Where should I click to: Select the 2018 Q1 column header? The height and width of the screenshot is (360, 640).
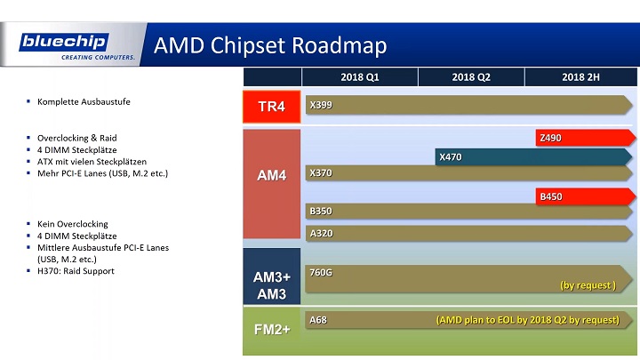pos(360,77)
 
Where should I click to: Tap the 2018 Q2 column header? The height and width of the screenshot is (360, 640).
pos(471,77)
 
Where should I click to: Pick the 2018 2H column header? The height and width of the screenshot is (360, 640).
pos(580,77)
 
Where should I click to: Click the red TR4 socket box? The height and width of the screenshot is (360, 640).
pos(270,107)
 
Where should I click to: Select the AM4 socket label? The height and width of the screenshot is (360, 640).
pos(270,176)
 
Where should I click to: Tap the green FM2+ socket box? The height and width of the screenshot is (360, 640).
pos(270,330)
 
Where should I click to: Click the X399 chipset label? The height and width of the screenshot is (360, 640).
pos(321,105)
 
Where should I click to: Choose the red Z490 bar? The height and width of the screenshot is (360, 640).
pos(583,138)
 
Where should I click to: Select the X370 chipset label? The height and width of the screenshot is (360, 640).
pos(321,172)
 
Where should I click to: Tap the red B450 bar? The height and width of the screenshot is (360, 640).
pos(583,196)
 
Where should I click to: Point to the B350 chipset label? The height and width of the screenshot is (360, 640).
pos(321,212)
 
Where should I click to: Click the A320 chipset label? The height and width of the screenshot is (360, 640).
pos(321,233)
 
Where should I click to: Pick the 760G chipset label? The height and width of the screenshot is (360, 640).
pos(320,272)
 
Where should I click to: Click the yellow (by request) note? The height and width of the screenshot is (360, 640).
pos(588,285)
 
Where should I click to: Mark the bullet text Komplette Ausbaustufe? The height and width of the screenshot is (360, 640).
pos(84,102)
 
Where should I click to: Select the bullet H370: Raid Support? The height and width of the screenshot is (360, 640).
pos(76,270)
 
